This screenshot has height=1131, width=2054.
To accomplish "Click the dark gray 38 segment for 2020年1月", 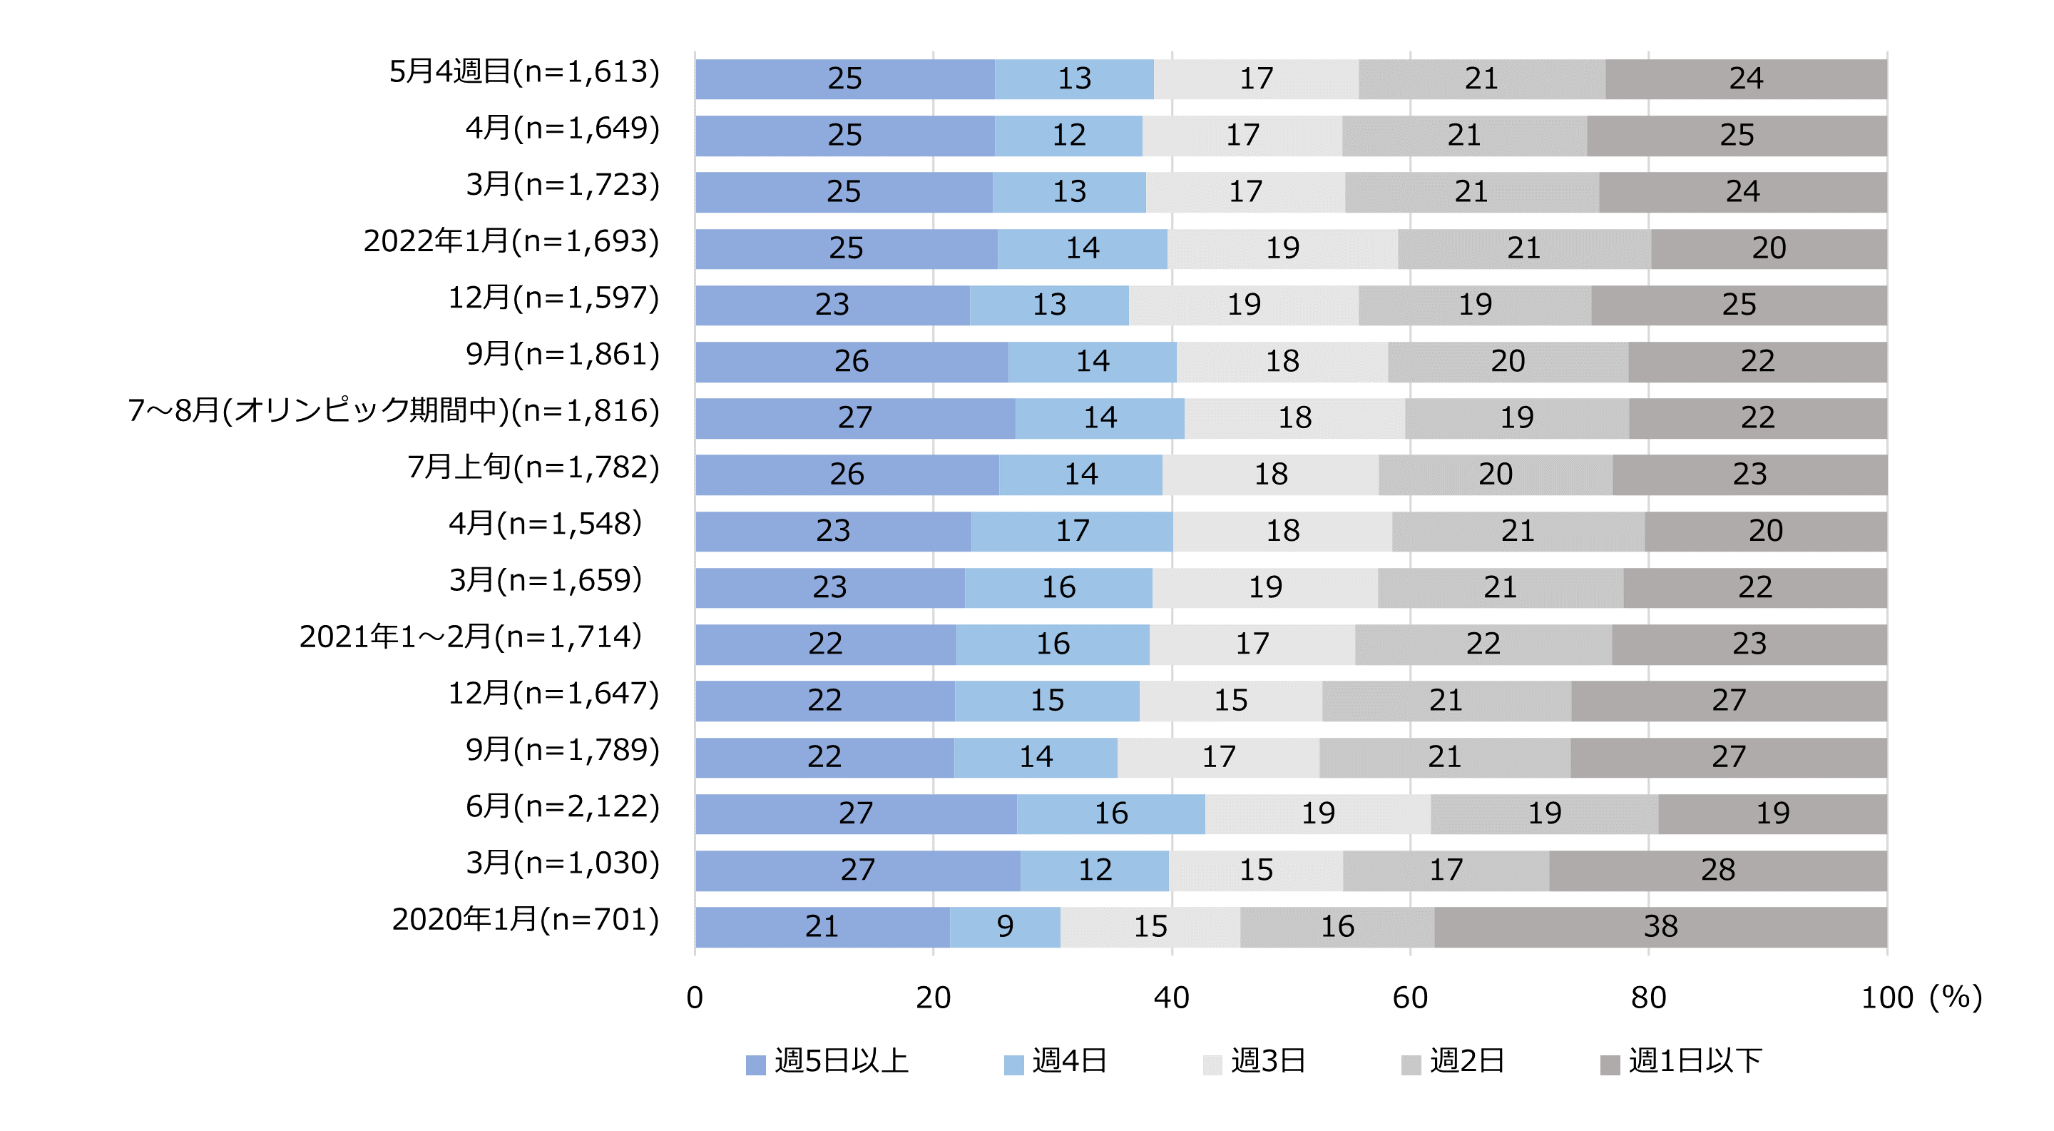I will [x=1660, y=926].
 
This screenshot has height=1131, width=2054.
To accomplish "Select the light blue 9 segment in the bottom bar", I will [x=1005, y=926].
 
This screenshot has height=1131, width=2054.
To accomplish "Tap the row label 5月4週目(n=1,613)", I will [x=524, y=72].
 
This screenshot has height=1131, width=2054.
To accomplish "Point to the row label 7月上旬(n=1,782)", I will [x=533, y=467].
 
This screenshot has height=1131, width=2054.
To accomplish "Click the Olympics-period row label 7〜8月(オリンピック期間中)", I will [x=394, y=411].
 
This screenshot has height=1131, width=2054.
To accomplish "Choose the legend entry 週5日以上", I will [x=827, y=1062].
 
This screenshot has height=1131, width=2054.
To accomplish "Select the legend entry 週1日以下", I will [x=1682, y=1062].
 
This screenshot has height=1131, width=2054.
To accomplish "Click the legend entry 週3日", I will [x=1255, y=1062].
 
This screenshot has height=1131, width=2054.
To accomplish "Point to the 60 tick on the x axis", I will [x=1410, y=998].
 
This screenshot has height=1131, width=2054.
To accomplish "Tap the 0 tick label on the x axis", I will [x=695, y=998].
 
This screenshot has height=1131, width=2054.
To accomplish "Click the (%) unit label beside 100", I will [x=1955, y=997].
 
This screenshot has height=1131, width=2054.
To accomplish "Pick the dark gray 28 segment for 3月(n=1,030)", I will [x=1717, y=870].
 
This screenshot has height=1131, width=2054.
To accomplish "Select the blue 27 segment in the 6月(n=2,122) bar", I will [x=856, y=813].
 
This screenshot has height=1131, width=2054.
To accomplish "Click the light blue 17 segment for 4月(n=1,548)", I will [x=1073, y=531].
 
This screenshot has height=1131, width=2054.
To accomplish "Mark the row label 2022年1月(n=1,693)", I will [x=511, y=241].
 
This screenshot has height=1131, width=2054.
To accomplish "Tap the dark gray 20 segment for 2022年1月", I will [x=1769, y=249].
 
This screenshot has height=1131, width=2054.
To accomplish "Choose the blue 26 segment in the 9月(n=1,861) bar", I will [x=851, y=362].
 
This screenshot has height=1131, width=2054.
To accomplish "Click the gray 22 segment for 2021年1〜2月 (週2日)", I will [x=1483, y=644].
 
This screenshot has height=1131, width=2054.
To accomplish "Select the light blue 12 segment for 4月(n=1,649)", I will [x=1068, y=136].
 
